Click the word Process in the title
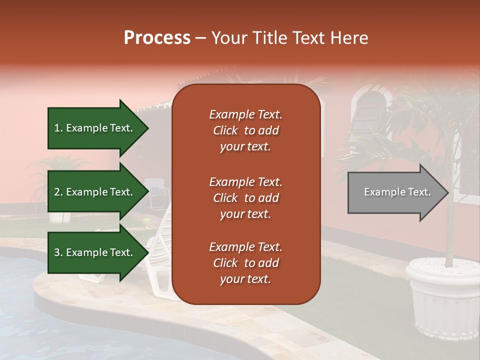(x=157, y=38)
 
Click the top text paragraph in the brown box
(x=245, y=130)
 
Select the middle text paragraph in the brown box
(x=245, y=198)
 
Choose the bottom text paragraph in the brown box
(x=245, y=263)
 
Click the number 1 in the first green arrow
(x=56, y=128)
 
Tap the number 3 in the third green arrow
(x=57, y=253)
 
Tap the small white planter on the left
(x=58, y=216)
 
